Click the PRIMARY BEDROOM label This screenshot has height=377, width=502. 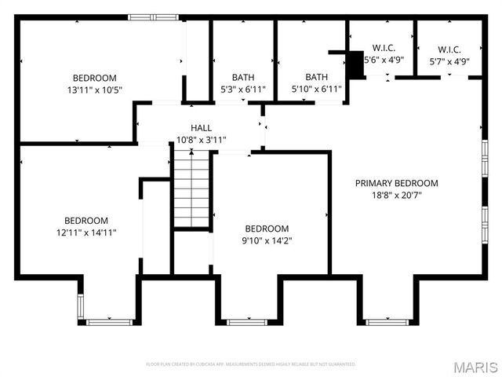coord(396,183)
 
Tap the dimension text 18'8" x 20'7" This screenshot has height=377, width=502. coord(396,196)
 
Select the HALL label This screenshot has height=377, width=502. coord(201,127)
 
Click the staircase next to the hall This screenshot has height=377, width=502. coord(192,188)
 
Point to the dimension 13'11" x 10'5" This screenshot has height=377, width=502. coord(94,90)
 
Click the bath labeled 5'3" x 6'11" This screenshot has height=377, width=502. coord(242,77)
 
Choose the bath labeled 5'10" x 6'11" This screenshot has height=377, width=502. coord(316,77)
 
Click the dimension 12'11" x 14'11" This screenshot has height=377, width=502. coord(86,232)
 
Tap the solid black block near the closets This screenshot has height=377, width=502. coord(355,65)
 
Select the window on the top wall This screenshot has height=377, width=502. coord(153,17)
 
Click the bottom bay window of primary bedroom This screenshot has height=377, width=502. coord(388,321)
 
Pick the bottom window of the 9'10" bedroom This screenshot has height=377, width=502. coord(246,321)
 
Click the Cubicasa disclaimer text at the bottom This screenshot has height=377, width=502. coord(251,364)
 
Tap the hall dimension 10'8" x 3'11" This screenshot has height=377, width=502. coord(201,140)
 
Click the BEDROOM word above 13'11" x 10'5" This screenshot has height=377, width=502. coord(94,78)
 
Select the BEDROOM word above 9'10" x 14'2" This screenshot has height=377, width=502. coord(267,229)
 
